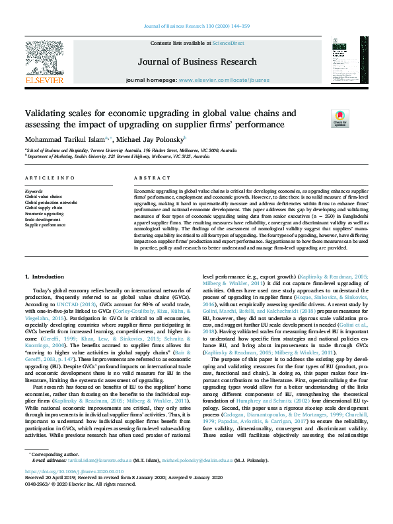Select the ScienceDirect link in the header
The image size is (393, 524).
tap(228, 43)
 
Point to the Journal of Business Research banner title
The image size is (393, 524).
tap(196, 62)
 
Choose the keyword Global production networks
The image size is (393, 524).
tap(52, 203)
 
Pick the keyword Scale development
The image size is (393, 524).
tap(44, 219)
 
